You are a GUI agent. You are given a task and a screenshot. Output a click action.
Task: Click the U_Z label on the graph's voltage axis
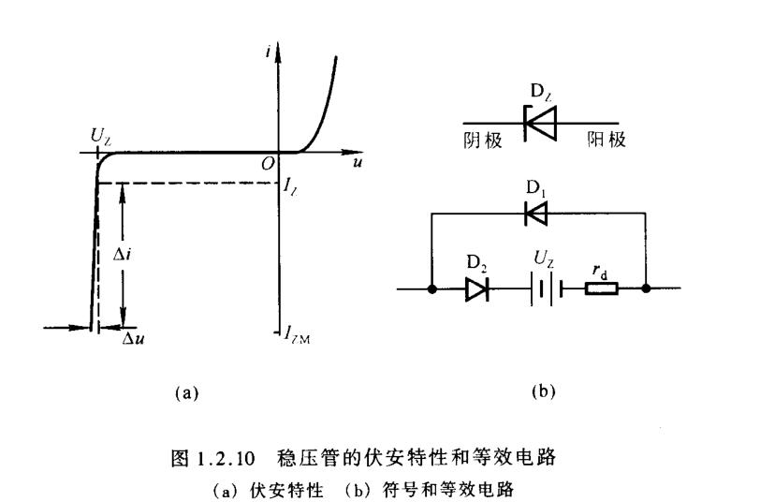point(101,135)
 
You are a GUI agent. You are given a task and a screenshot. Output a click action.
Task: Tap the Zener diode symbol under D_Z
point(540,124)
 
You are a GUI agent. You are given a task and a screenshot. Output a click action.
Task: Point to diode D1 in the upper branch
point(536,214)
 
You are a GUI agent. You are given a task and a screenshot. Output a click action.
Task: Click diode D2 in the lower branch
point(475,289)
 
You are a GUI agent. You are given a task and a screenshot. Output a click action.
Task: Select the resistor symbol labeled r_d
point(600,289)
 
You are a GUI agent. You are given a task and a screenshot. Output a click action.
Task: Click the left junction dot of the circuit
point(431,289)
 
